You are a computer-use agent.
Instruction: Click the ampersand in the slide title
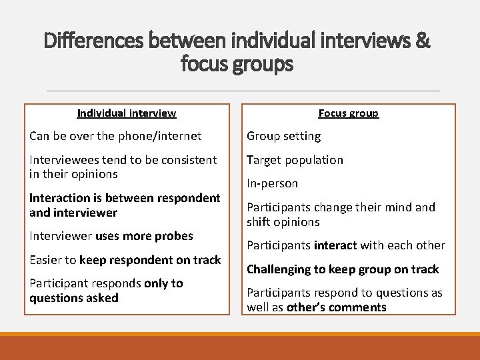pos(422,41)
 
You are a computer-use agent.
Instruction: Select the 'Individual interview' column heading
pos(127,113)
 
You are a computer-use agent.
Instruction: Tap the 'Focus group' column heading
pos(348,113)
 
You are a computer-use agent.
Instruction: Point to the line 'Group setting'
pos(283,136)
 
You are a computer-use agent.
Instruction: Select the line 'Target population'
pos(295,160)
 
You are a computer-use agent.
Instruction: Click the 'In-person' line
pos(272,183)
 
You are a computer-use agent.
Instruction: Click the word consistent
pos(188,160)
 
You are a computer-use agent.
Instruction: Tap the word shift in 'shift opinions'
pos(259,222)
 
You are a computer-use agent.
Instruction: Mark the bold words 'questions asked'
pos(73,298)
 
